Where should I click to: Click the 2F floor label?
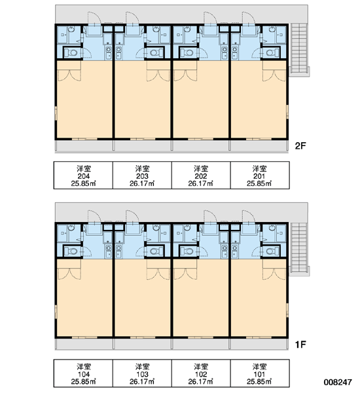point(300,145)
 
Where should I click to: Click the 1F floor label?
point(300,345)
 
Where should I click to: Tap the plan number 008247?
point(338,382)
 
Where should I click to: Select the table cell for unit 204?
point(83,175)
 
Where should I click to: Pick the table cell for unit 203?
point(142,175)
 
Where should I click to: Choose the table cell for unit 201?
point(260,175)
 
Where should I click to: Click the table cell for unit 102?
point(201,373)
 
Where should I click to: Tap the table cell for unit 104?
point(83,373)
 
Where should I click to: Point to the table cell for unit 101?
point(260,373)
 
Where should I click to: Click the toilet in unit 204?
point(71,53)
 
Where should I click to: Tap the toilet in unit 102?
point(187,251)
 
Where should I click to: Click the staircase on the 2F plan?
point(299,49)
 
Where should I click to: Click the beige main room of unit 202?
point(201,100)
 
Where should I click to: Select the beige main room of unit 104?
point(84,298)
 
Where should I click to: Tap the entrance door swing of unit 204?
point(94,18)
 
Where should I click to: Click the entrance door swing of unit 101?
point(249,216)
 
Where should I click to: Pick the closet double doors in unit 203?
point(158,76)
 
